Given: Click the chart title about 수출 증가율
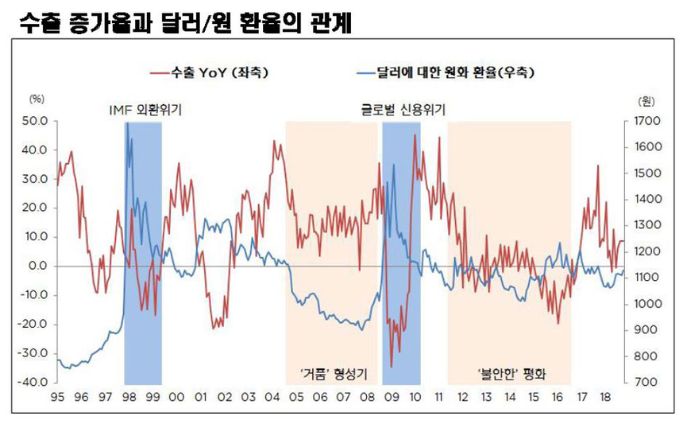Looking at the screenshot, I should [x=182, y=23].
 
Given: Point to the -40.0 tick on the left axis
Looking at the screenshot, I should [x=36, y=383].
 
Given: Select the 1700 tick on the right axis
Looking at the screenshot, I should [x=649, y=122].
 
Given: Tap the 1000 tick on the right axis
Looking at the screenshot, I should [x=649, y=304].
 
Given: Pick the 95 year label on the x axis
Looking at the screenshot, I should [x=57, y=396].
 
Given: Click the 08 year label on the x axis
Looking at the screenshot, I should [x=367, y=396].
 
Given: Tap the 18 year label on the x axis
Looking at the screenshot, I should [x=605, y=396].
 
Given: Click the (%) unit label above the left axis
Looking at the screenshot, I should [x=37, y=100].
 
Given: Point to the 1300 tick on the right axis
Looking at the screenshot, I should [x=649, y=226].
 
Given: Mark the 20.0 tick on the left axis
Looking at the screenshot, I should [x=37, y=208].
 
